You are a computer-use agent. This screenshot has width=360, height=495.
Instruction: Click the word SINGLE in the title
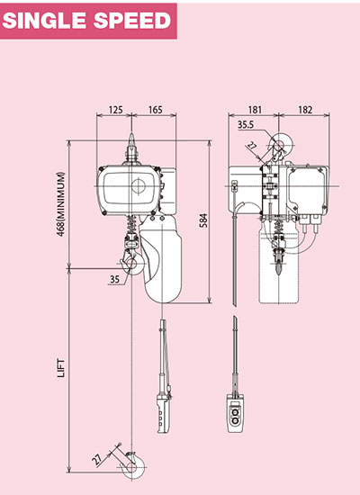click(46, 21)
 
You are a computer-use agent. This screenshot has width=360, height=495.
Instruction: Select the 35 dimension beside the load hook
click(113, 280)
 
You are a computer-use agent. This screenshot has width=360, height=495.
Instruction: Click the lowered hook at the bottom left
click(133, 462)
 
